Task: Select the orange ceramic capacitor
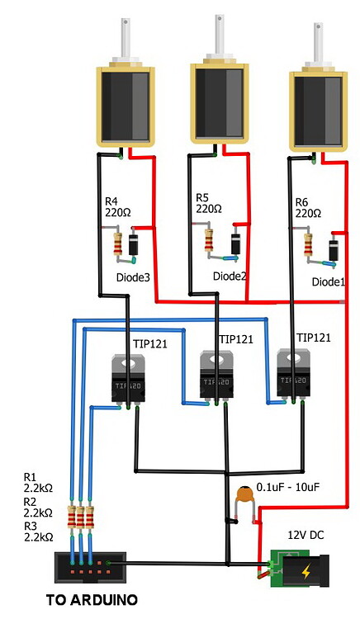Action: click(x=243, y=498)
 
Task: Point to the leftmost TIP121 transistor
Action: click(x=130, y=379)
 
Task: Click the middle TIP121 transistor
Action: click(x=217, y=376)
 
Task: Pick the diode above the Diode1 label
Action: click(x=334, y=249)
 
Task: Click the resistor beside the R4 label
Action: click(x=119, y=244)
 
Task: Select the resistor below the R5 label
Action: click(x=210, y=240)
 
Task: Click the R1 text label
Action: click(x=31, y=477)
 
